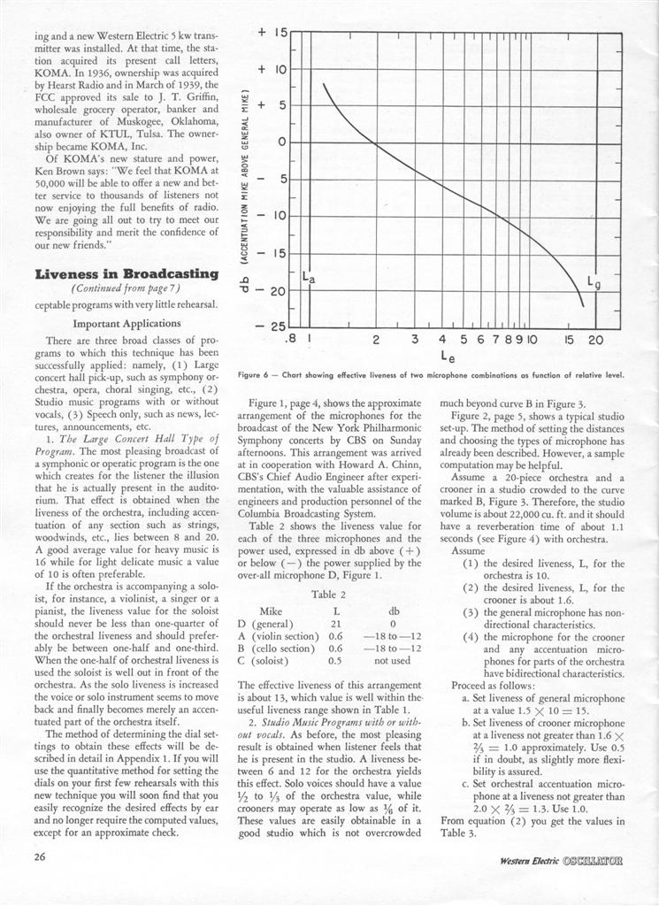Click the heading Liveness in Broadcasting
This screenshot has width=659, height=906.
(x=126, y=274)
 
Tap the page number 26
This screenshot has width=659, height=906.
(x=43, y=856)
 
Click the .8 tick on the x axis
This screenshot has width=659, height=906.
(x=289, y=340)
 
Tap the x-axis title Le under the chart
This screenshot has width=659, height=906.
(x=447, y=357)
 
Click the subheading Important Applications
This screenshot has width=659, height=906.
(x=127, y=323)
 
